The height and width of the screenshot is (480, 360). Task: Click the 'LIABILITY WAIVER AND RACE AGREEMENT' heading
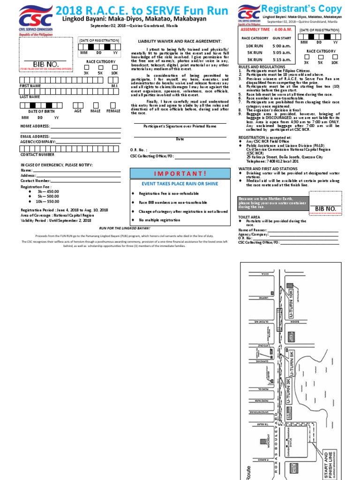click(180, 41)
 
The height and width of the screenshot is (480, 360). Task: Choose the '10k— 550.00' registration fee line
click(46, 201)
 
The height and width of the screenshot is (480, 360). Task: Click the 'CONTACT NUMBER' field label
click(37, 154)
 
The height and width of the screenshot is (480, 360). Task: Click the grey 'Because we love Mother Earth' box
click(273, 203)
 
